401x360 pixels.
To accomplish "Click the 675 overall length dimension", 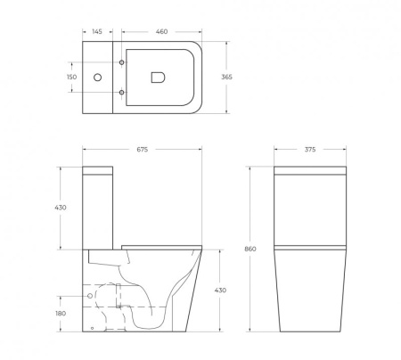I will (x=142, y=150).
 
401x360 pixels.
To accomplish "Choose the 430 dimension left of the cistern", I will (x=61, y=208).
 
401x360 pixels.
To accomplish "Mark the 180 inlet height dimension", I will (x=61, y=313).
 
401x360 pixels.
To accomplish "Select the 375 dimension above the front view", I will (x=309, y=150).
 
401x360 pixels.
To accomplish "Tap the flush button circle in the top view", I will (x=98, y=78).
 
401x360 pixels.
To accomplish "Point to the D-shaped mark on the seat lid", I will (x=160, y=78).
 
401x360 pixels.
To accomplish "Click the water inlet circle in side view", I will (x=92, y=295).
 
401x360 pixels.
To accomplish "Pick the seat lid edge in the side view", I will (x=160, y=244).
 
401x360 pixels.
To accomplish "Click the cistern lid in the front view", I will (x=309, y=172).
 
